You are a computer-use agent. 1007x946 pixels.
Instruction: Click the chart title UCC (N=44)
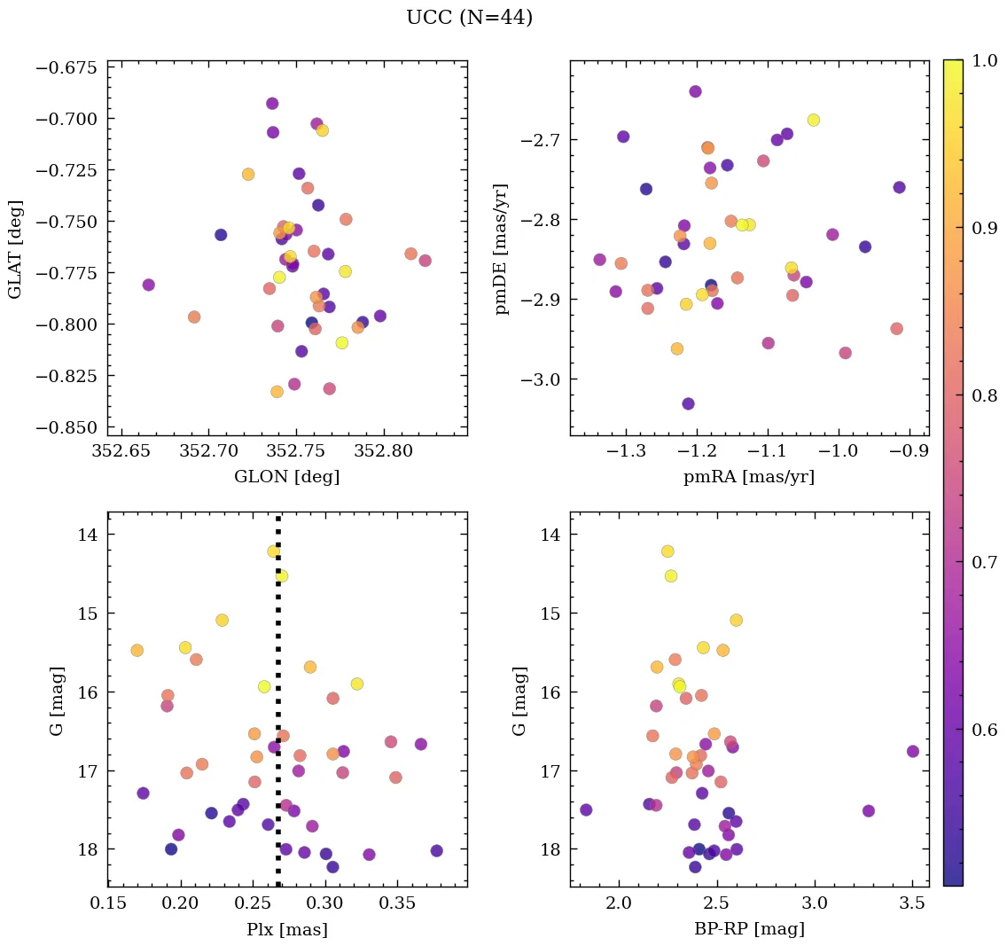469,18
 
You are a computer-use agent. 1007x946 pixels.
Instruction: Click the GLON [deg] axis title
286,477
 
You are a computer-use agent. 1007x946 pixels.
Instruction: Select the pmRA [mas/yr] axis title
749,477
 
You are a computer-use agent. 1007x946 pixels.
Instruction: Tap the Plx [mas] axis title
286,930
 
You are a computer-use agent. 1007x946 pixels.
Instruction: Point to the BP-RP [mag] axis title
749,930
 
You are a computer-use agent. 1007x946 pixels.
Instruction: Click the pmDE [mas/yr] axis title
502,249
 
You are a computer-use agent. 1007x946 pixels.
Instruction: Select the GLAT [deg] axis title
15,249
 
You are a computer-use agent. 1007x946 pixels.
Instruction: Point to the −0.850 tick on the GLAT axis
67,427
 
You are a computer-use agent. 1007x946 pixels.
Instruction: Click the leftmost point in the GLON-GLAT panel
148,285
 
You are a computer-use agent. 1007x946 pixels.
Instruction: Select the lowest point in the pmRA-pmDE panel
688,403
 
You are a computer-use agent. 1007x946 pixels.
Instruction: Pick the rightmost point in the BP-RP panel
913,751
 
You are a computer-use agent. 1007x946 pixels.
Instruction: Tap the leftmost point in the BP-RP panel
586,809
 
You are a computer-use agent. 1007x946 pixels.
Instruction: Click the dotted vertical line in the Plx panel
278,709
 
